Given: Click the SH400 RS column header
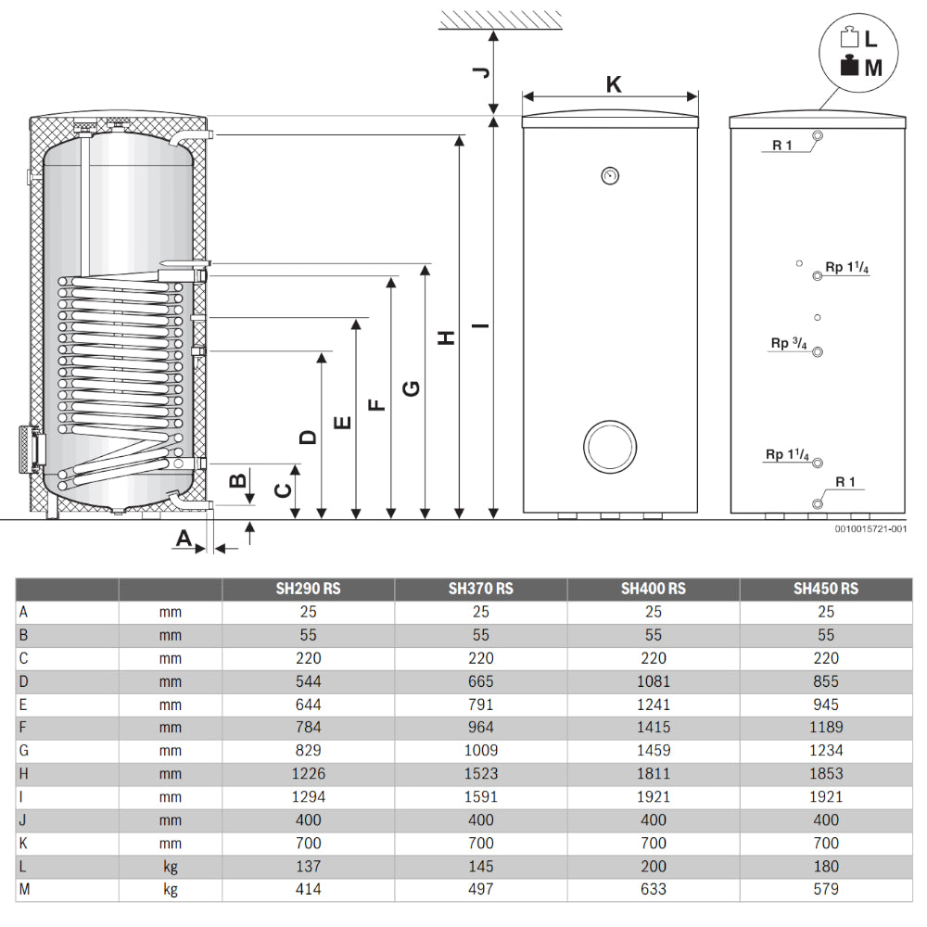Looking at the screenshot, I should (653, 589).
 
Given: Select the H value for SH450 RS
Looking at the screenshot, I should (825, 773).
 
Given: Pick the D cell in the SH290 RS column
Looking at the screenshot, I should (308, 681).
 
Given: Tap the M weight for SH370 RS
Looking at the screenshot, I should (480, 889).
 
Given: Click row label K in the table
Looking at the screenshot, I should (22, 843).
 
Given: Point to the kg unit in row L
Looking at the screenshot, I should (170, 866).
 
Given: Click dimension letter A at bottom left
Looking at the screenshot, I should (184, 538).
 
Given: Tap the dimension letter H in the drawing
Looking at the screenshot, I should (447, 338).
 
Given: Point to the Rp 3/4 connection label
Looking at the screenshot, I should (789, 344).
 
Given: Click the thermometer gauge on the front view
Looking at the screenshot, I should (609, 173).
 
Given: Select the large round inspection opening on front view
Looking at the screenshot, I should (609, 449).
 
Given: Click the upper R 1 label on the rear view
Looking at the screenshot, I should (783, 145).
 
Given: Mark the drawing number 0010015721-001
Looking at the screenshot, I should (870, 528).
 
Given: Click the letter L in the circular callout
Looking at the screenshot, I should (870, 39).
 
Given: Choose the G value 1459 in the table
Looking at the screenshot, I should (653, 750).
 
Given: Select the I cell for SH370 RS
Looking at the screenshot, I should (480, 796).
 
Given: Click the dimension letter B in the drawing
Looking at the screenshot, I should (238, 480).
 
